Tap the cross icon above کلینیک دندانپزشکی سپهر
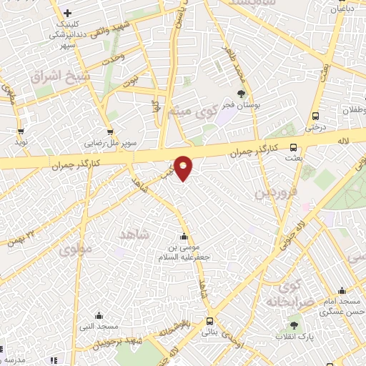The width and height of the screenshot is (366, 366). pos(67,14)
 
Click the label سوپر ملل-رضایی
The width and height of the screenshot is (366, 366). pos(110,142)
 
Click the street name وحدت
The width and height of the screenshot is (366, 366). pos(114,57)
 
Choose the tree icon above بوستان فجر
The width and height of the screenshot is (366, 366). pos(242,93)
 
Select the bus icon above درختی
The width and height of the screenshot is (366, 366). pos(315,117)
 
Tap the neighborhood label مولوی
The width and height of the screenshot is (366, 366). pos(76,250)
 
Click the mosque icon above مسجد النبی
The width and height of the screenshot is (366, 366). pos(99,315)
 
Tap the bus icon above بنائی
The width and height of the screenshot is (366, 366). pos(209,322)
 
